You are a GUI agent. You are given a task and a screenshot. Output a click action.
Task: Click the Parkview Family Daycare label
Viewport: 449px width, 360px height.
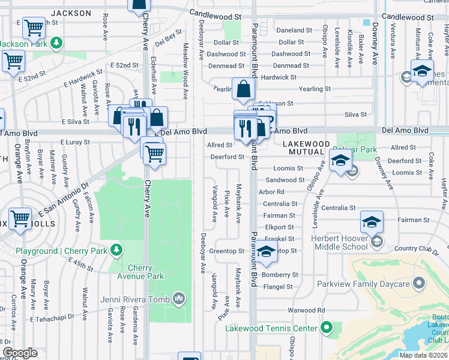(x=375, y=284)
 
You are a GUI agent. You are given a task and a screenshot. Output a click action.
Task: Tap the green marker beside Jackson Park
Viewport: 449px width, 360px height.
(x=56, y=43)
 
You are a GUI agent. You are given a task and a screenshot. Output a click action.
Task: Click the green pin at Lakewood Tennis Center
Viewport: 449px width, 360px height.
(x=326, y=328)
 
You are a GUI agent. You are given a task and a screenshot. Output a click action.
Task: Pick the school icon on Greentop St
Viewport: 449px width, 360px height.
(x=267, y=253)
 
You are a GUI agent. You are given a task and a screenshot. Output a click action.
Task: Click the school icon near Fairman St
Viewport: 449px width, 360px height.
(x=372, y=223)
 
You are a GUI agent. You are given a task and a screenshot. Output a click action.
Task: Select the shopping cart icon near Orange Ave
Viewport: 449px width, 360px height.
(x=20, y=219)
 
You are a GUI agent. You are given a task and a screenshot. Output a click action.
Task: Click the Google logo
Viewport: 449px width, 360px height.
(x=20, y=353)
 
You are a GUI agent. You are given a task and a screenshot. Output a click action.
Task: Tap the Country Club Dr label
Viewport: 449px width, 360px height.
(x=414, y=248)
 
